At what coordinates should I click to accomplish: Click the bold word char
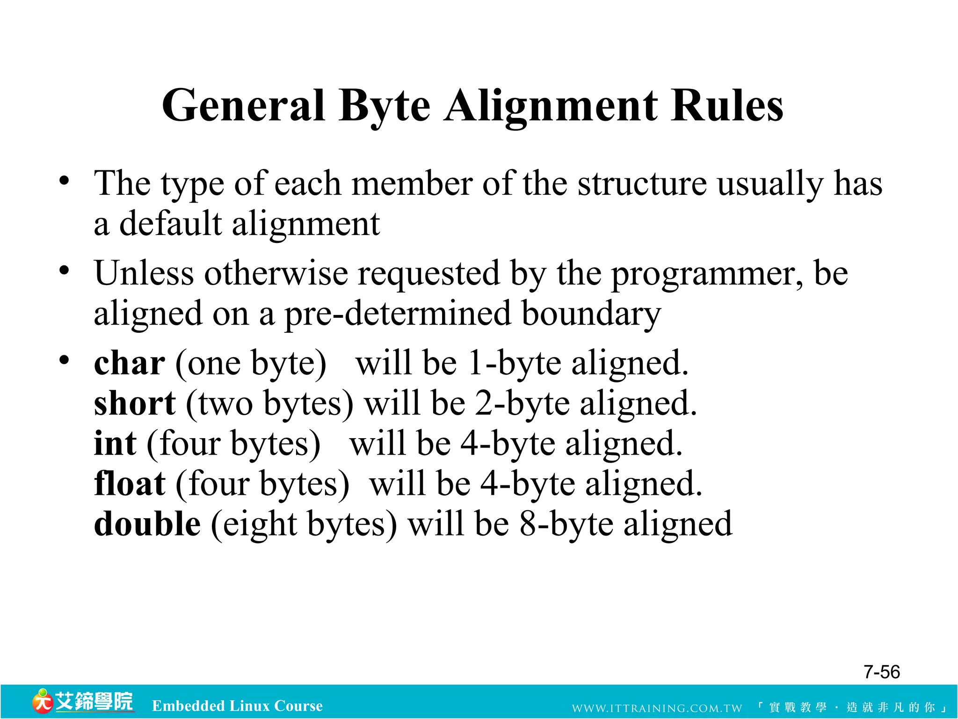[x=129, y=363]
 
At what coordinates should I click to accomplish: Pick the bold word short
[x=135, y=404]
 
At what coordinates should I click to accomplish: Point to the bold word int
[x=115, y=443]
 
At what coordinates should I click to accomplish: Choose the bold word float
[x=130, y=484]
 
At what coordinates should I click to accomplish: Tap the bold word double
[x=147, y=524]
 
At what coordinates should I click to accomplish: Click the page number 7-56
[x=881, y=672]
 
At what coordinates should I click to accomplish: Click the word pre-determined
[x=398, y=314]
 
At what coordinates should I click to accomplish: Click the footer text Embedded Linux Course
[x=237, y=705]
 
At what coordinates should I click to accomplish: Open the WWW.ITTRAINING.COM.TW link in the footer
[x=657, y=708]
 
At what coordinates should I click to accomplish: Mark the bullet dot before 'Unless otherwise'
[x=65, y=271]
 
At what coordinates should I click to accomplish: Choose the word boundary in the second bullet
[x=591, y=314]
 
